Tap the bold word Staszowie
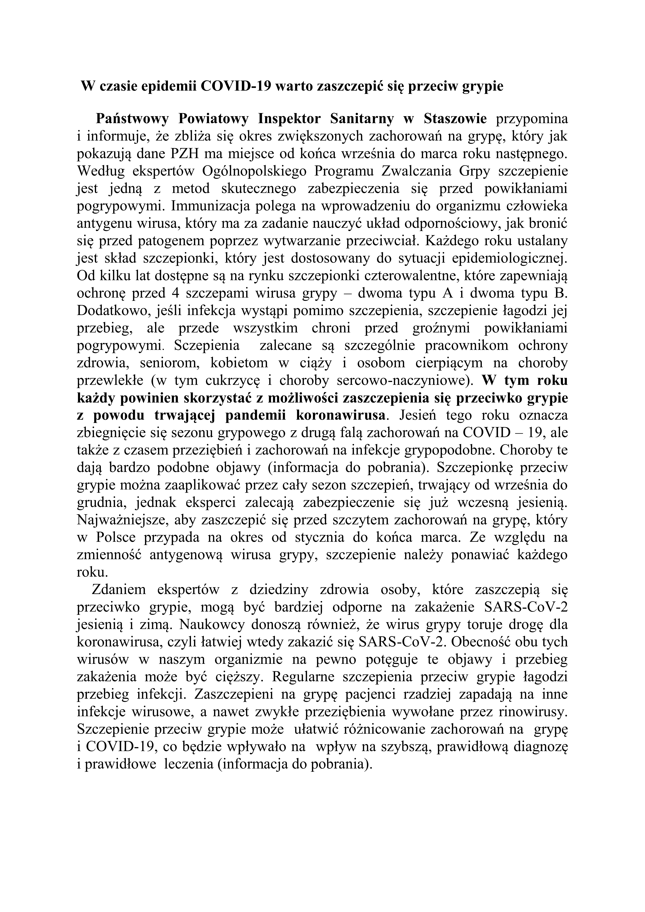455,118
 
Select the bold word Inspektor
290,118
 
